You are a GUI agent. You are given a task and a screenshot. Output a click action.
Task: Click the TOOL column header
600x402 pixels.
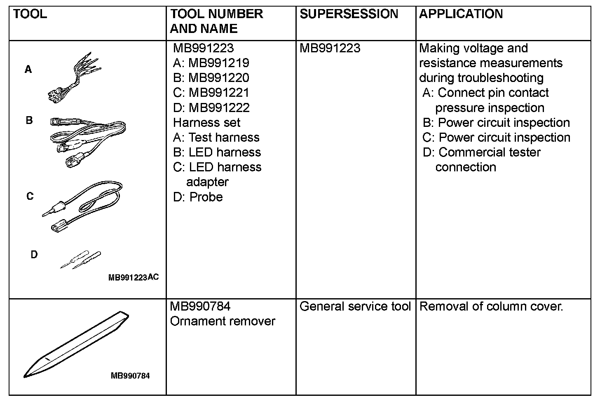coord(30,14)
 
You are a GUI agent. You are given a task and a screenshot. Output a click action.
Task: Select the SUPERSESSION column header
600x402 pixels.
coord(349,14)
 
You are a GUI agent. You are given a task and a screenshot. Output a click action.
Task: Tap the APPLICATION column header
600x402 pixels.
coord(461,14)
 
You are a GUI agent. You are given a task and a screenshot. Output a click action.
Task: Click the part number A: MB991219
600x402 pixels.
coord(211,63)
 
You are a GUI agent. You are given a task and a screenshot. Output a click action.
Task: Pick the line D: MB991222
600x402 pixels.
coord(211,108)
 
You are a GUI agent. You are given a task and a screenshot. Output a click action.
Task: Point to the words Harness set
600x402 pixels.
coord(206,122)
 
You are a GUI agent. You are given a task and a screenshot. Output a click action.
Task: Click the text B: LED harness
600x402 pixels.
coord(217,152)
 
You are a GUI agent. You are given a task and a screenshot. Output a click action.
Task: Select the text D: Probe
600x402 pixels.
coord(198,197)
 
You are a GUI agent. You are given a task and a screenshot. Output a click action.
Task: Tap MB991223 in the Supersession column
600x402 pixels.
coord(330,48)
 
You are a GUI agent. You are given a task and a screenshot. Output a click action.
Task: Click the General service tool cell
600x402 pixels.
coord(355,306)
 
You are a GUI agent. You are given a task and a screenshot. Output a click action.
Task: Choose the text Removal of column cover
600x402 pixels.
coord(491,306)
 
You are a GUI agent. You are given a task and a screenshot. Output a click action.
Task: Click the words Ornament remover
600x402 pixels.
coord(222,321)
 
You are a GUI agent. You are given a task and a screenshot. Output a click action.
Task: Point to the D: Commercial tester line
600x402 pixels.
coord(481,152)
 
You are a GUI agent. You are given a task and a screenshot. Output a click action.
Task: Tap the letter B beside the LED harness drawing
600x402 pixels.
coord(29,121)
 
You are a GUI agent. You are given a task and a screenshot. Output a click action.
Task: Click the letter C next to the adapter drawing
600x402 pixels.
coord(30,196)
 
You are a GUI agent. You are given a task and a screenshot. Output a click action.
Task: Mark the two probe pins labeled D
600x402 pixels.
coord(81,259)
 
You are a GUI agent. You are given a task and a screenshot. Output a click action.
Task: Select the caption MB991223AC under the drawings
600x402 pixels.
coord(133,277)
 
